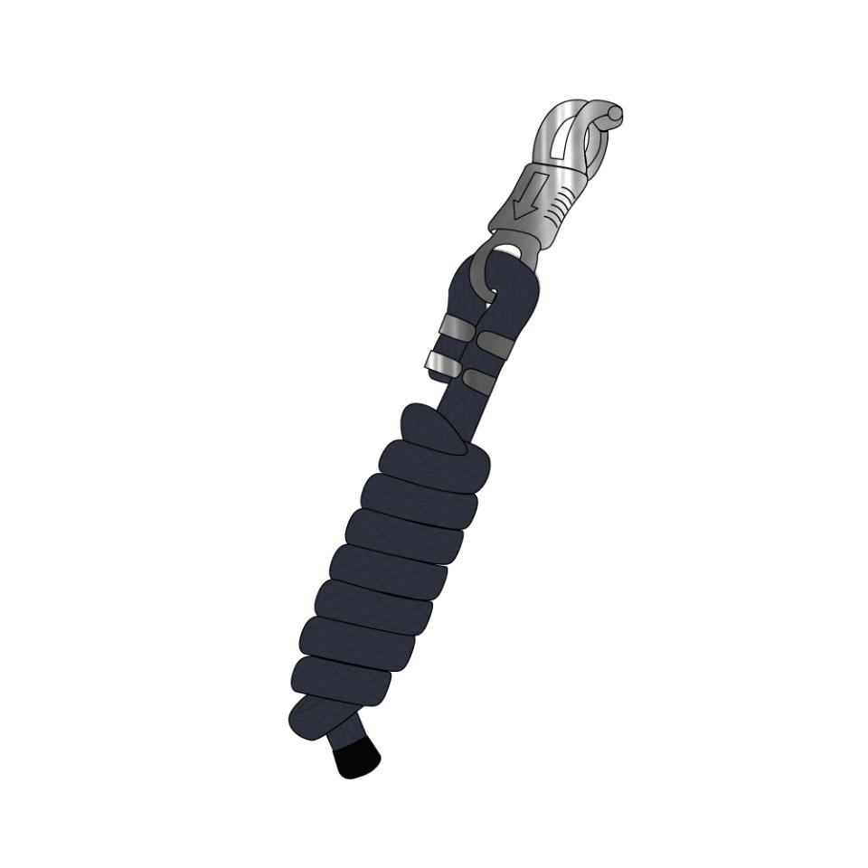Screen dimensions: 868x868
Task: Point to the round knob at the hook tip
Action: [615, 115]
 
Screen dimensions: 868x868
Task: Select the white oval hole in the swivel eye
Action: [507, 250]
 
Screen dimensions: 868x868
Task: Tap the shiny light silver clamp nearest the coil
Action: [440, 364]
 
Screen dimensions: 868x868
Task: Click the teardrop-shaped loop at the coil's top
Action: [432, 429]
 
